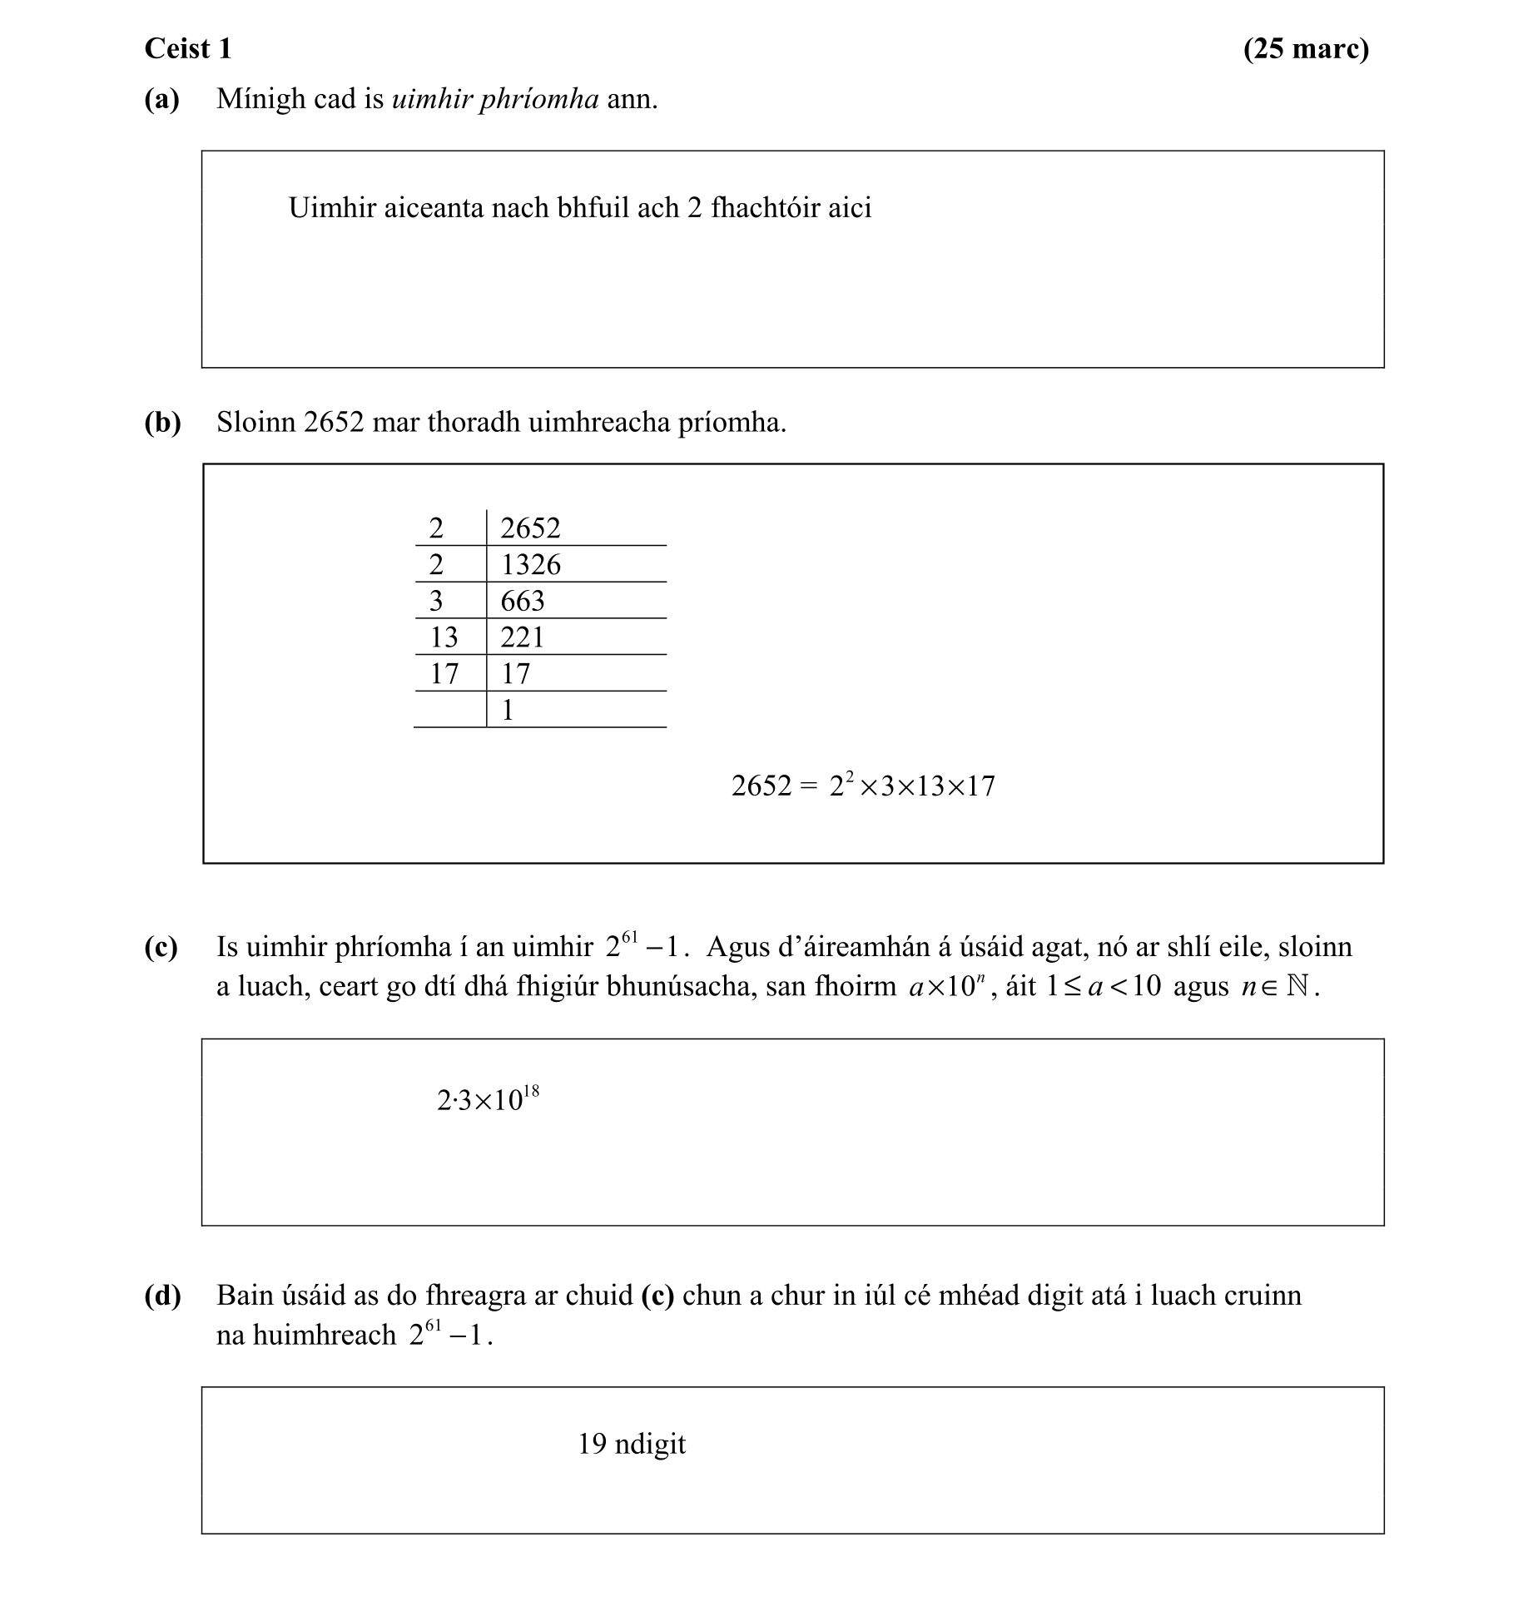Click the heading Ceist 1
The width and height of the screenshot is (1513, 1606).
pyautogui.click(x=188, y=49)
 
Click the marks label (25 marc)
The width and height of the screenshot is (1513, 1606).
pyautogui.click(x=1305, y=49)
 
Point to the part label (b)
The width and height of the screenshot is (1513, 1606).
pyautogui.click(x=162, y=423)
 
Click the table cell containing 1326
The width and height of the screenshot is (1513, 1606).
pyautogui.click(x=530, y=565)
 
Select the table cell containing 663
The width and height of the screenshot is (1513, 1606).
pyautogui.click(x=522, y=601)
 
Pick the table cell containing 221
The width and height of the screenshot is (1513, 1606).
pyautogui.click(x=522, y=637)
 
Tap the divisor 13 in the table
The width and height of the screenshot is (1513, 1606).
pyautogui.click(x=444, y=637)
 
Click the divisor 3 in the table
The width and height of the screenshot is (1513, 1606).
pyautogui.click(x=435, y=601)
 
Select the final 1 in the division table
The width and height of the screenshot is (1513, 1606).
pyautogui.click(x=508, y=711)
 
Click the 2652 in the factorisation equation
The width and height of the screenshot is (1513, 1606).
pyautogui.click(x=761, y=786)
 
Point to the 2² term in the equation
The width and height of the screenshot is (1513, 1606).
pyautogui.click(x=841, y=784)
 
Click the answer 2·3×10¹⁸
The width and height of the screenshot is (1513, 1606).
pyautogui.click(x=488, y=1100)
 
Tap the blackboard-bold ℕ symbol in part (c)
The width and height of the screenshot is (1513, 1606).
pyautogui.click(x=1297, y=987)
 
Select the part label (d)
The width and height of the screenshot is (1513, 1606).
pyautogui.click(x=162, y=1296)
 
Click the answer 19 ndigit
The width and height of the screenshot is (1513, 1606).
pyautogui.click(x=632, y=1444)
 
